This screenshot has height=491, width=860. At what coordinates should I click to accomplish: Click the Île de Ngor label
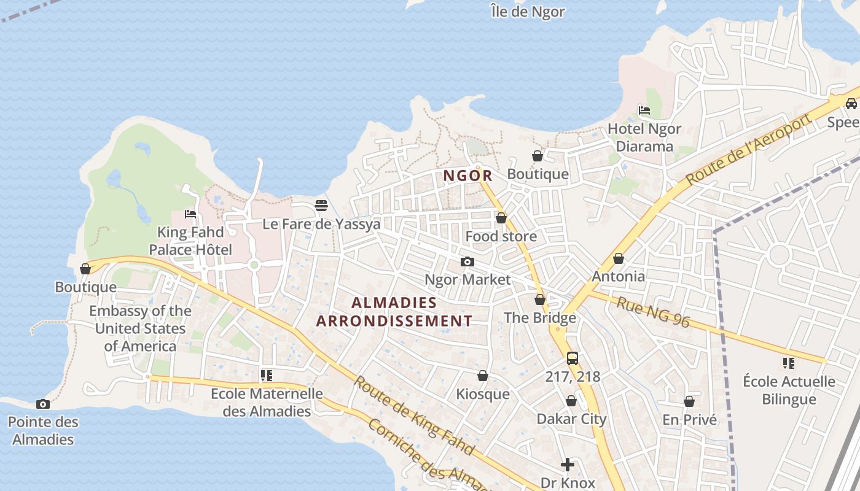[x=528, y=12]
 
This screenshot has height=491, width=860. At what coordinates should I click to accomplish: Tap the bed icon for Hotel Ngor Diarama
[x=644, y=110]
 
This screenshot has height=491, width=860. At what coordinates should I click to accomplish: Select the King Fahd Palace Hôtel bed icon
[x=190, y=214]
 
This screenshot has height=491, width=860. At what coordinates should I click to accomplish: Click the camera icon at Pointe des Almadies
[x=42, y=404]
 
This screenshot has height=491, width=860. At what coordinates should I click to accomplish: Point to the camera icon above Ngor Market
[x=467, y=262]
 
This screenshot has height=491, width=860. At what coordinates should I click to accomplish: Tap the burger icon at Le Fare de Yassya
[x=321, y=206]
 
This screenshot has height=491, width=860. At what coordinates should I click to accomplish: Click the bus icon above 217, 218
[x=572, y=358]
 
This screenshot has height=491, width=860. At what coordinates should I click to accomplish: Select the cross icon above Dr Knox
[x=568, y=465]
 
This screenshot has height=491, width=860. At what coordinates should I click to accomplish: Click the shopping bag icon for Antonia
[x=619, y=258]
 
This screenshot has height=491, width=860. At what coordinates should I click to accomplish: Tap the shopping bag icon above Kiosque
[x=483, y=376]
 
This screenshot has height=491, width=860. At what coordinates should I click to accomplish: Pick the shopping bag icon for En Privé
[x=689, y=401]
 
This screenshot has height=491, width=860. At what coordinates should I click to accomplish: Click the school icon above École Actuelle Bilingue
[x=789, y=363]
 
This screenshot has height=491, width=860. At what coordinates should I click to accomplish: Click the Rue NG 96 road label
[x=653, y=312]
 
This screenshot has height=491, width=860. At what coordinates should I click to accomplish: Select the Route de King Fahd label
[x=414, y=416]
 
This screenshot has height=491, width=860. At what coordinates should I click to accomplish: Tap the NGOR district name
[x=468, y=176]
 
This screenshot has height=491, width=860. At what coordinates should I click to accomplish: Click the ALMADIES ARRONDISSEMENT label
[x=394, y=312]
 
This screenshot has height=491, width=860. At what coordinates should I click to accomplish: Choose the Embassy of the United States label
[x=140, y=328]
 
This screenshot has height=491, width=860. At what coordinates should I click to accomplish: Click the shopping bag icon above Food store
[x=501, y=218]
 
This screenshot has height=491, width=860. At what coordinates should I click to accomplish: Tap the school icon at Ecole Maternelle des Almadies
[x=266, y=375]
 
